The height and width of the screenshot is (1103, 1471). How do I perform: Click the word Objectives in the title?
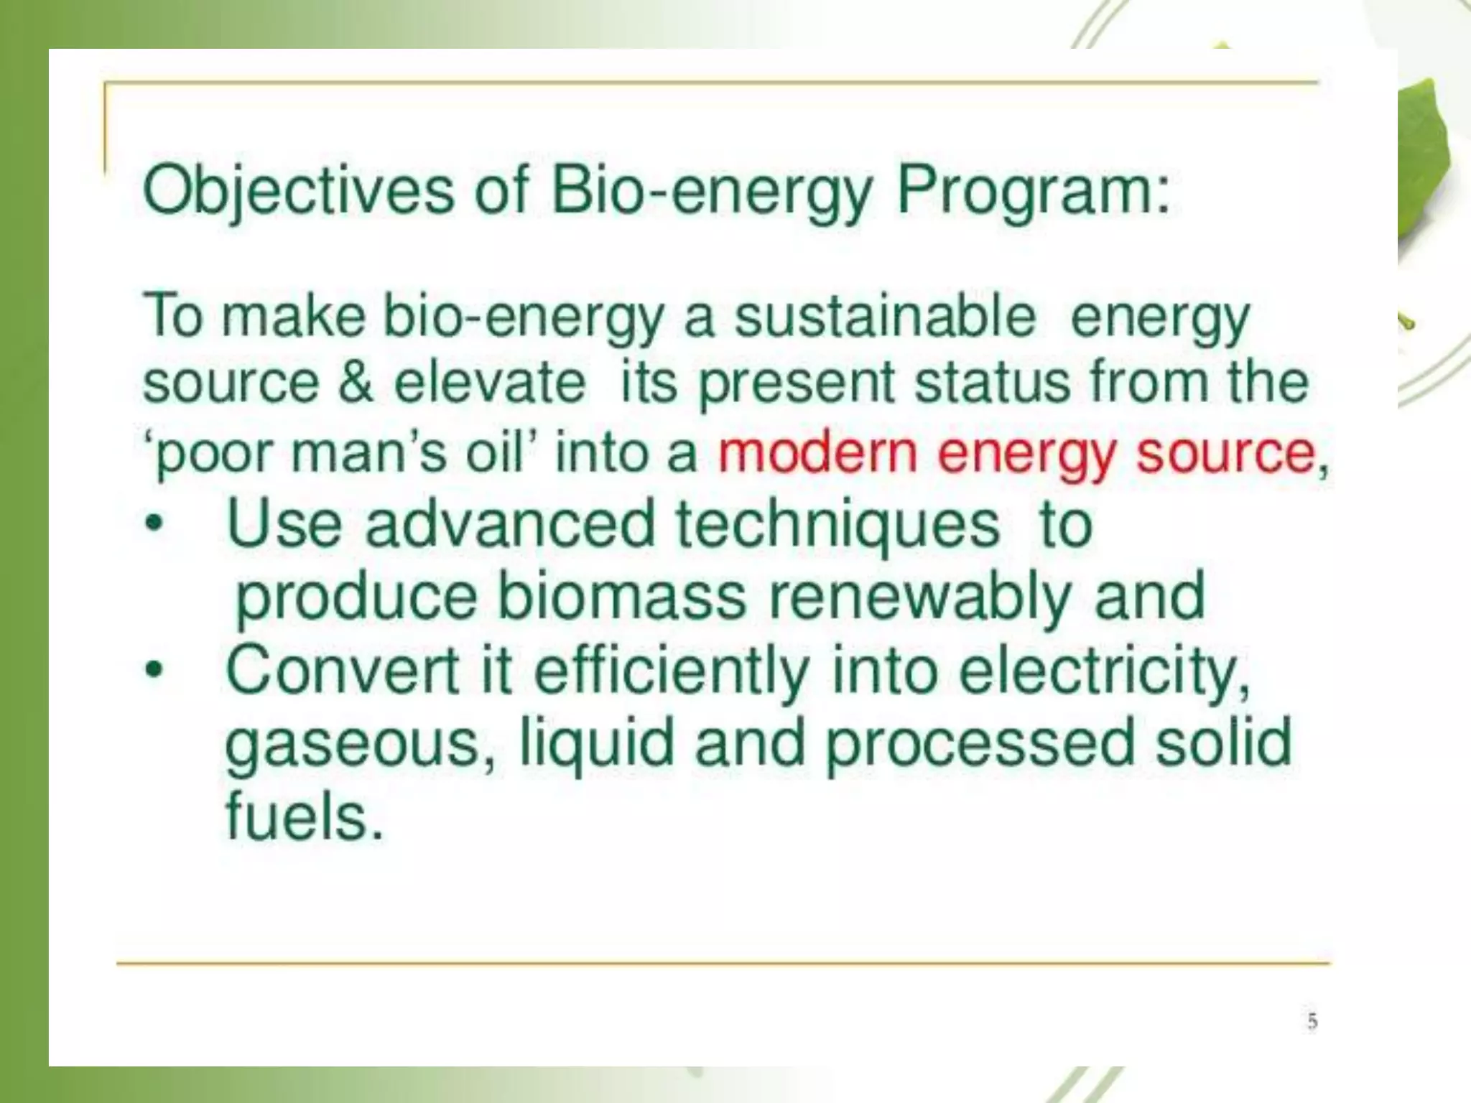298,191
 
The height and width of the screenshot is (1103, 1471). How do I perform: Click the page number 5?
1312,1020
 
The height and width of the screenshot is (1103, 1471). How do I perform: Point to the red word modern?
817,452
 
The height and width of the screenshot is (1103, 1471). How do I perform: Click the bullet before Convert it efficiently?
153,671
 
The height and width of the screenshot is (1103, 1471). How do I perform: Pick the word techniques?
837,523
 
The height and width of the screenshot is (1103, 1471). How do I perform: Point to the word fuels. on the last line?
305,816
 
